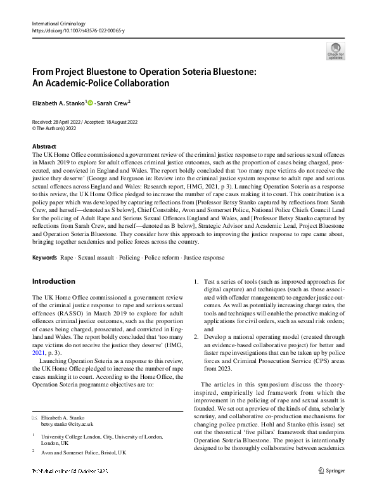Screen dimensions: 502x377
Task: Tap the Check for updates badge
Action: click(x=335, y=51)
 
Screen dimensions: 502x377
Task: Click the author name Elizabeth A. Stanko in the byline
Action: click(x=58, y=103)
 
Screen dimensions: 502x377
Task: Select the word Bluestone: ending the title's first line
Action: click(x=226, y=72)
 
